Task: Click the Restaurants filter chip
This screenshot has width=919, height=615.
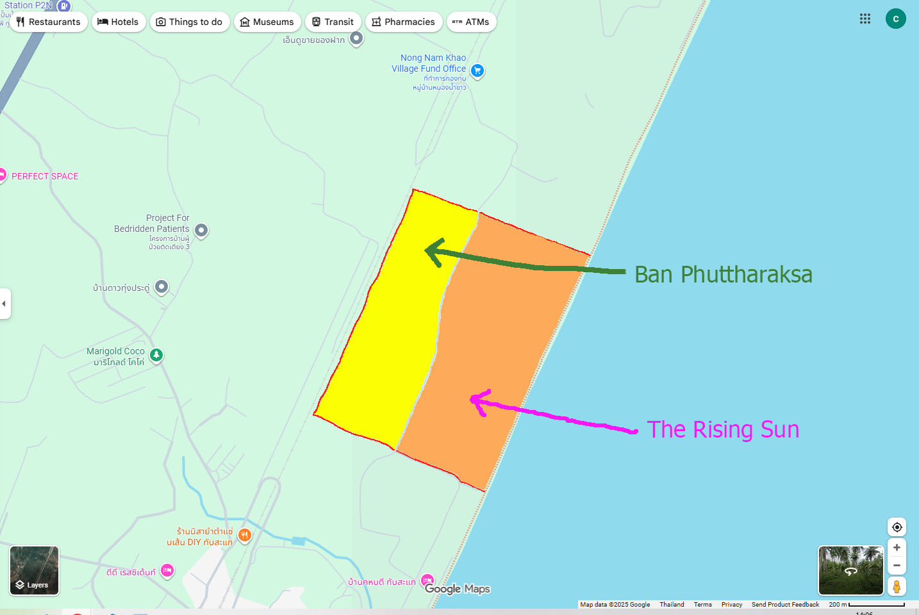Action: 49,22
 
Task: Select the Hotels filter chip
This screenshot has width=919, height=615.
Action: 119,22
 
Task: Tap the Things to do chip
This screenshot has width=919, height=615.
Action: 190,22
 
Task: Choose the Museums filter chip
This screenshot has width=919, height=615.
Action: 267,22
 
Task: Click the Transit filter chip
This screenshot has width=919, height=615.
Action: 333,22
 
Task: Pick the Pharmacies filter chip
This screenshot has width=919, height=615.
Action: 404,22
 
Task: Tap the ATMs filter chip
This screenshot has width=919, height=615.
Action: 471,22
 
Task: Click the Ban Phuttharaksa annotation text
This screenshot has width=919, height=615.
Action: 723,275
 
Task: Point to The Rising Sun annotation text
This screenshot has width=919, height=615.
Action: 723,430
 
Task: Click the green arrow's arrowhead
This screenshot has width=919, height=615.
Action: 431,251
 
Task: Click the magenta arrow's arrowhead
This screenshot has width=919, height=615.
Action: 476,400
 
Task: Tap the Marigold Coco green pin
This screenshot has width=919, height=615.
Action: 156,355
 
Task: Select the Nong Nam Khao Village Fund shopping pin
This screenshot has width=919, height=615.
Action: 477,70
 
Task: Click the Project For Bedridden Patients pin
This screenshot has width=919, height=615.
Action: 201,230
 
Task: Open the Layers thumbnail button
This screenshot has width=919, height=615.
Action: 35,570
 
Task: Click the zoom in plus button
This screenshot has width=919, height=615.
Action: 897,548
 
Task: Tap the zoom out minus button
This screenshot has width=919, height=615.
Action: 897,566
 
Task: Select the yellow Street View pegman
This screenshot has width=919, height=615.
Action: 897,586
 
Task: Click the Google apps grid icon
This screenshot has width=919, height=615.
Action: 865,19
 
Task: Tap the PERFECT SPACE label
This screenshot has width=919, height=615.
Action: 45,176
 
